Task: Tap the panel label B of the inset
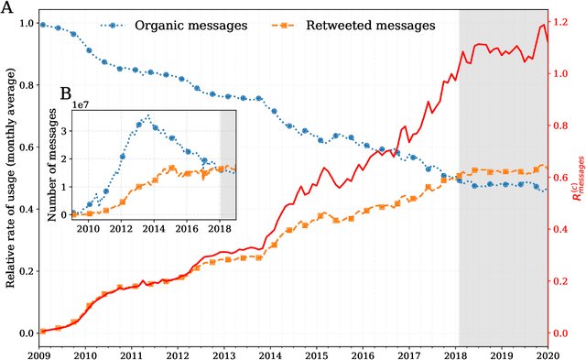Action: coord(65,93)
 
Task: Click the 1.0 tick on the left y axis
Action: coord(26,23)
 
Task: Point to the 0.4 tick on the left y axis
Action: coord(26,210)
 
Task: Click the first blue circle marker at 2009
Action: coord(43,25)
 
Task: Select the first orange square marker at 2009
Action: coord(43,332)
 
